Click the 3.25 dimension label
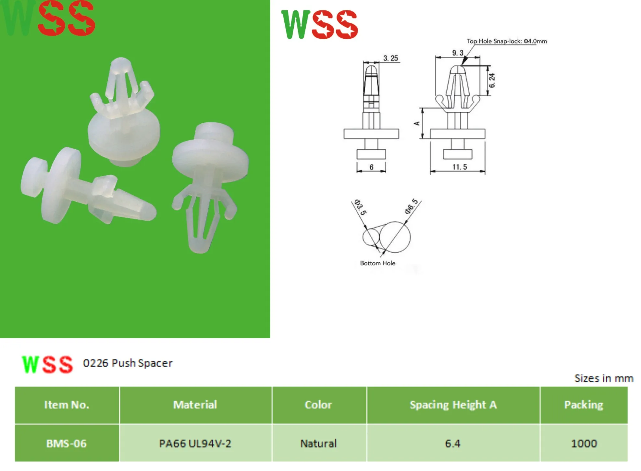390,58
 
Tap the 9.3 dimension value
457,53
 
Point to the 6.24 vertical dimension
492,81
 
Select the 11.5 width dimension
460,167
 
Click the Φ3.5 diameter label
361,207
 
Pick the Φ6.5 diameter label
412,206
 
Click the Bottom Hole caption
377,263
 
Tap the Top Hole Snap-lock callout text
507,41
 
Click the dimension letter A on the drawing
417,123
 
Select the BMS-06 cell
67,443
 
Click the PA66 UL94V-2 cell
195,443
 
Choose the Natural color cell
318,443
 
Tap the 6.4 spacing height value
452,443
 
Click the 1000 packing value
584,443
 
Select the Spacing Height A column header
453,405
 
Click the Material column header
195,405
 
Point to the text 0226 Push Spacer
128,363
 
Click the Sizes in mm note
604,378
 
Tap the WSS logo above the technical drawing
320,25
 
